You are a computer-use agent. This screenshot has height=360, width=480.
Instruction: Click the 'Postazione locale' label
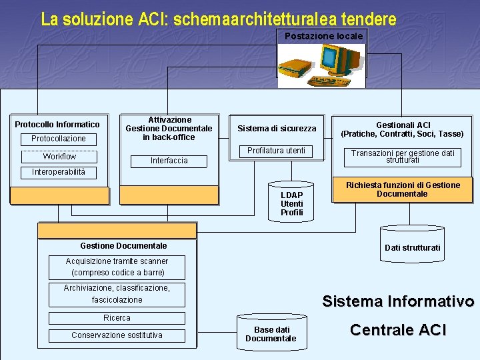tap(323, 36)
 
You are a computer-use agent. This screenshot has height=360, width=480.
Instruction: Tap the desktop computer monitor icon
tap(340, 60)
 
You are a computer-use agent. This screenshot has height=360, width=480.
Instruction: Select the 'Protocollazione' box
tap(59, 139)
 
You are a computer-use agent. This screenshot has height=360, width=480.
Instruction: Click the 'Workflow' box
tap(59, 157)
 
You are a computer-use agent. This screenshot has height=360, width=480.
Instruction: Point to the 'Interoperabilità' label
tap(59, 173)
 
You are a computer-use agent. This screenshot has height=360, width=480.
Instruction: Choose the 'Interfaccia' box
tap(169, 161)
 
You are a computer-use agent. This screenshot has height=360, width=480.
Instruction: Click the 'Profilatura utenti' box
tap(276, 151)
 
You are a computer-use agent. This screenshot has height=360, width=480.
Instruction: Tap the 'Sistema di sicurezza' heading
tap(277, 129)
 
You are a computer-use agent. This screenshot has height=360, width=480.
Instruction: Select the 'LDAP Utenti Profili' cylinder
tap(291, 202)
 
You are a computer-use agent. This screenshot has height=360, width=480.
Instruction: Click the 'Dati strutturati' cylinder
tap(412, 245)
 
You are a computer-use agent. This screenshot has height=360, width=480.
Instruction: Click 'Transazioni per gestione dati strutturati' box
tap(403, 157)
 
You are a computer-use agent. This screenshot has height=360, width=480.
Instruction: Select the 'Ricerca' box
tap(117, 318)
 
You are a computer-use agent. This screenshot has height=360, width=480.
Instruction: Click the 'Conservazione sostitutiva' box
tap(117, 335)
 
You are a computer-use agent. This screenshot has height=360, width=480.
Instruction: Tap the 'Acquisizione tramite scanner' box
tap(117, 267)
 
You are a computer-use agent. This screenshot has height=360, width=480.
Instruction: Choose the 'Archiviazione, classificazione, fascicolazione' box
tap(117, 294)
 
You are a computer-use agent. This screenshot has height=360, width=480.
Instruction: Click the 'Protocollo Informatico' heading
tap(57, 125)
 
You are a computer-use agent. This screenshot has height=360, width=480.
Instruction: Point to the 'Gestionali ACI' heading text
tap(403, 125)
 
